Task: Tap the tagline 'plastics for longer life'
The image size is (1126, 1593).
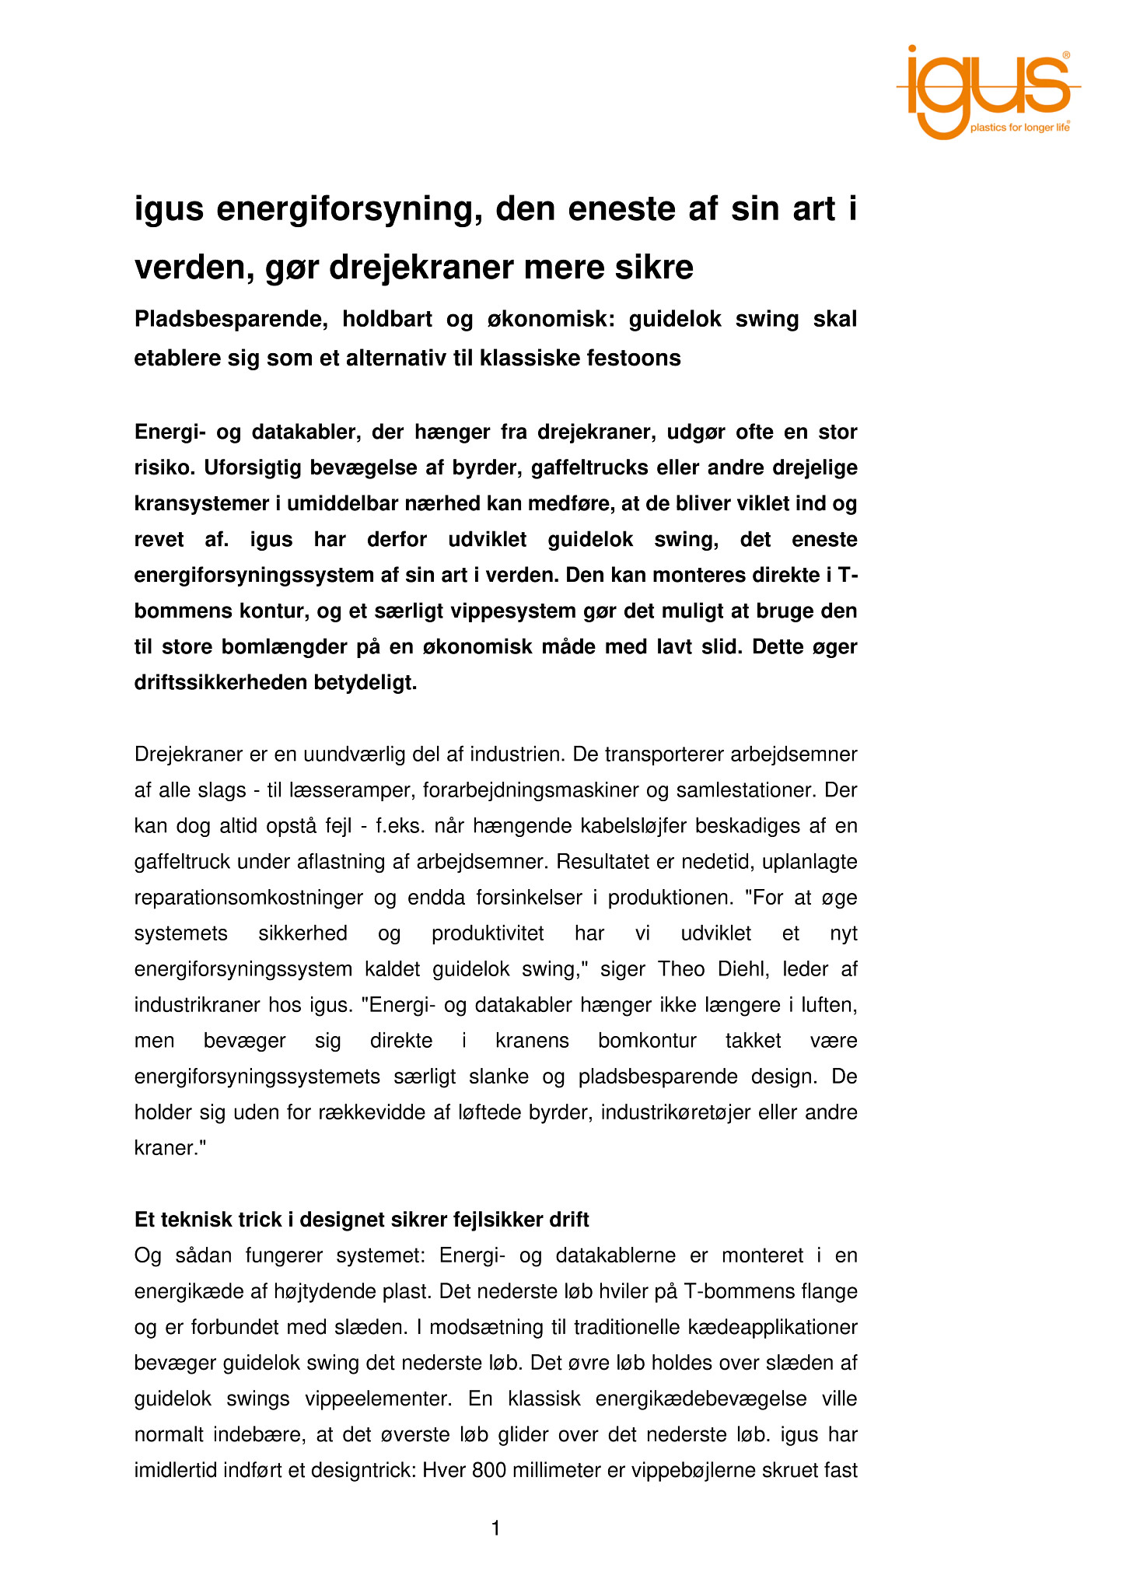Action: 1019,128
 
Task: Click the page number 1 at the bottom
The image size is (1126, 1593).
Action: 495,1529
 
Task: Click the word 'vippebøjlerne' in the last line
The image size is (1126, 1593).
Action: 696,1470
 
